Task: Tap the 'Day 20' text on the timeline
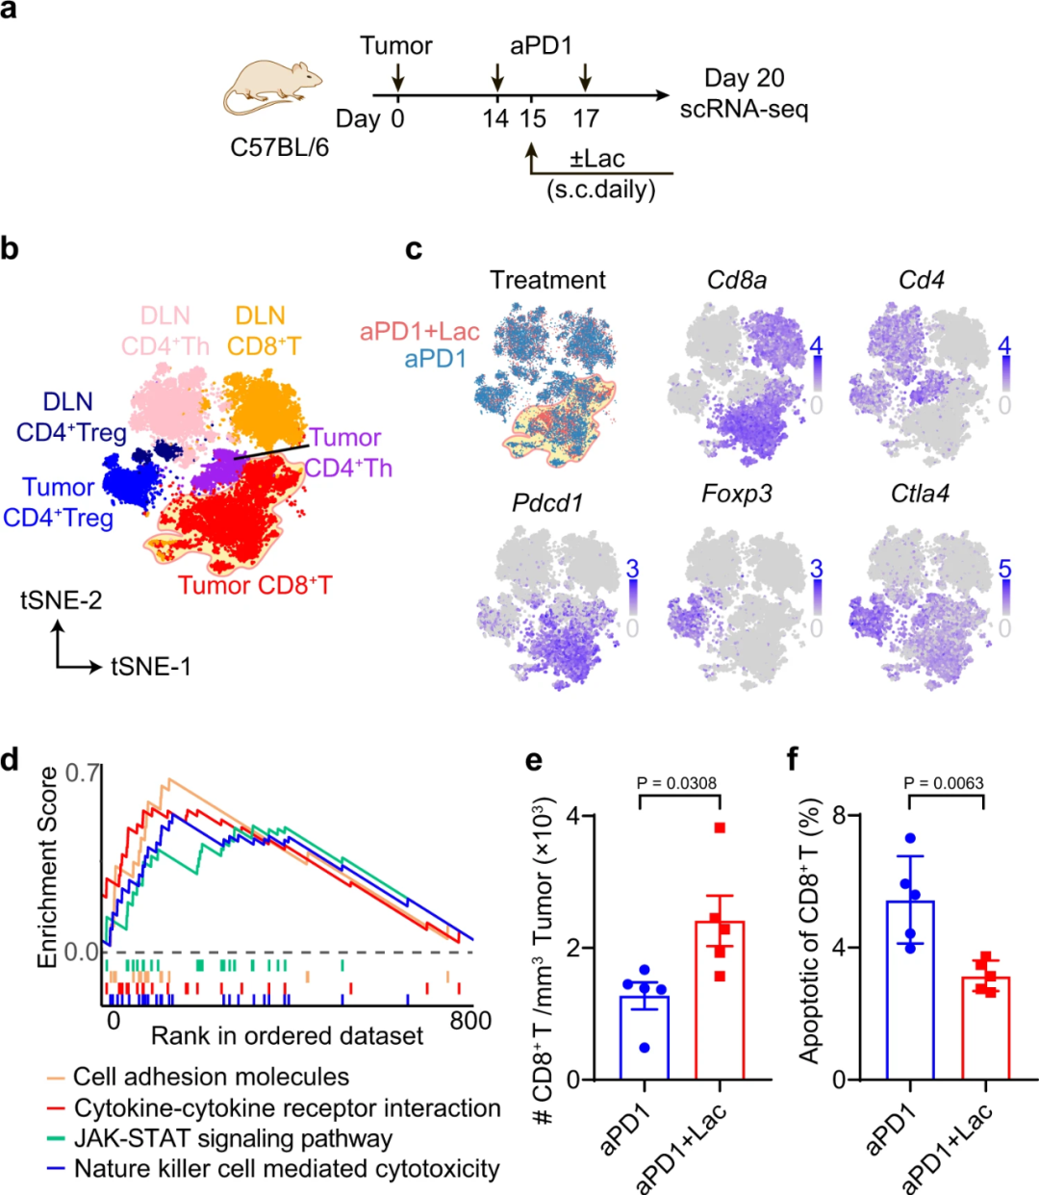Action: point(744,78)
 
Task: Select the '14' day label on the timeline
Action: point(495,119)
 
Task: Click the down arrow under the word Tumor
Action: point(397,78)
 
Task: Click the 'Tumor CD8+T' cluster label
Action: point(255,585)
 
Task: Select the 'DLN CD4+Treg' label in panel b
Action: point(69,418)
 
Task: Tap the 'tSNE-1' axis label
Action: point(150,666)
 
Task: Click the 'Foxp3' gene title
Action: point(736,495)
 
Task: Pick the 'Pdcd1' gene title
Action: point(548,503)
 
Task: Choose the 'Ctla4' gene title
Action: point(920,495)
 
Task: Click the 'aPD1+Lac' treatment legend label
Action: point(419,332)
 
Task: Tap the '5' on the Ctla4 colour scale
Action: point(1004,569)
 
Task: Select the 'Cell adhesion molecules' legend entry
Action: point(211,1077)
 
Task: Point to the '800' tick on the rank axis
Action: point(470,1021)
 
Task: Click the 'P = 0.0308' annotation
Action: point(676,783)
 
